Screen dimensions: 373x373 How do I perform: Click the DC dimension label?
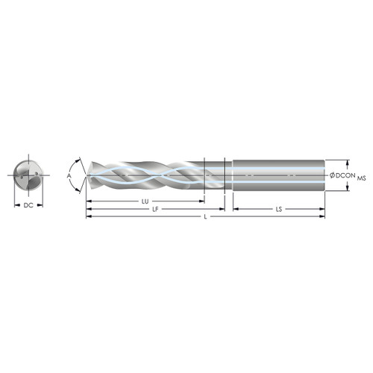coord(28,204)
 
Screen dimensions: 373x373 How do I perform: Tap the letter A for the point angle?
coord(70,176)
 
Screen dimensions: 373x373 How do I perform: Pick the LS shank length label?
coord(278,210)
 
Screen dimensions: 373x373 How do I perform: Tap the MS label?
coord(362,179)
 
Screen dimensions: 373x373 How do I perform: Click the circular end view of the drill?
coord(28,176)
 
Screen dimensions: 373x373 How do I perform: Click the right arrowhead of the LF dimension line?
coord(222,210)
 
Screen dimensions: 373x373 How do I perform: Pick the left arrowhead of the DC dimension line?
coord(16,204)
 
